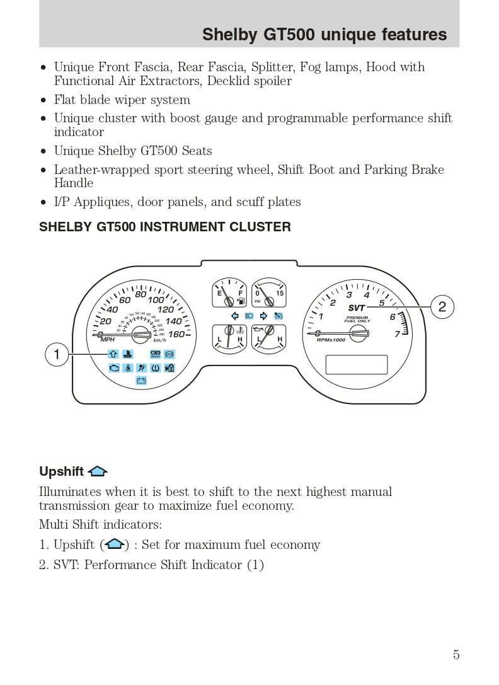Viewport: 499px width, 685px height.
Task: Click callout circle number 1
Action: [x=57, y=355]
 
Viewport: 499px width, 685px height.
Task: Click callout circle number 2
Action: [x=442, y=307]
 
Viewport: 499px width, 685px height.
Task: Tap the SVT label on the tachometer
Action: [x=357, y=308]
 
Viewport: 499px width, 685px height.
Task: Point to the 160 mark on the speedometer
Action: [x=176, y=334]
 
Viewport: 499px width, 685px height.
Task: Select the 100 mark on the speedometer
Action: [x=156, y=300]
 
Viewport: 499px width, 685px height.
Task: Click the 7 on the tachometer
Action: [x=398, y=334]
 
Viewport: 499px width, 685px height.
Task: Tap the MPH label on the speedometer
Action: [x=108, y=340]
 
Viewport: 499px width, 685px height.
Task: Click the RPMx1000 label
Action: [x=331, y=340]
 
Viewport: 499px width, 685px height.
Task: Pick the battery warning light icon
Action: [x=141, y=380]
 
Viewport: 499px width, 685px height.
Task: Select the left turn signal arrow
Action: [x=234, y=315]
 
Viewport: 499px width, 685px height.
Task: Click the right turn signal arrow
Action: [x=263, y=315]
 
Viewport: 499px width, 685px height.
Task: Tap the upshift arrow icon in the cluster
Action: [x=113, y=354]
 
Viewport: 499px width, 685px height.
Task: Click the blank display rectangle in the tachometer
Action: [x=356, y=364]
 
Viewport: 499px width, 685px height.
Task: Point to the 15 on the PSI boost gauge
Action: [x=280, y=294]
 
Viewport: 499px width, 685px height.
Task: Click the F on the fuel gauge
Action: [x=240, y=294]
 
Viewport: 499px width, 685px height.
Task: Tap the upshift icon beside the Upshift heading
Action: [x=98, y=471]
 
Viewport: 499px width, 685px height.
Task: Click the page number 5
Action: [x=456, y=655]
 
